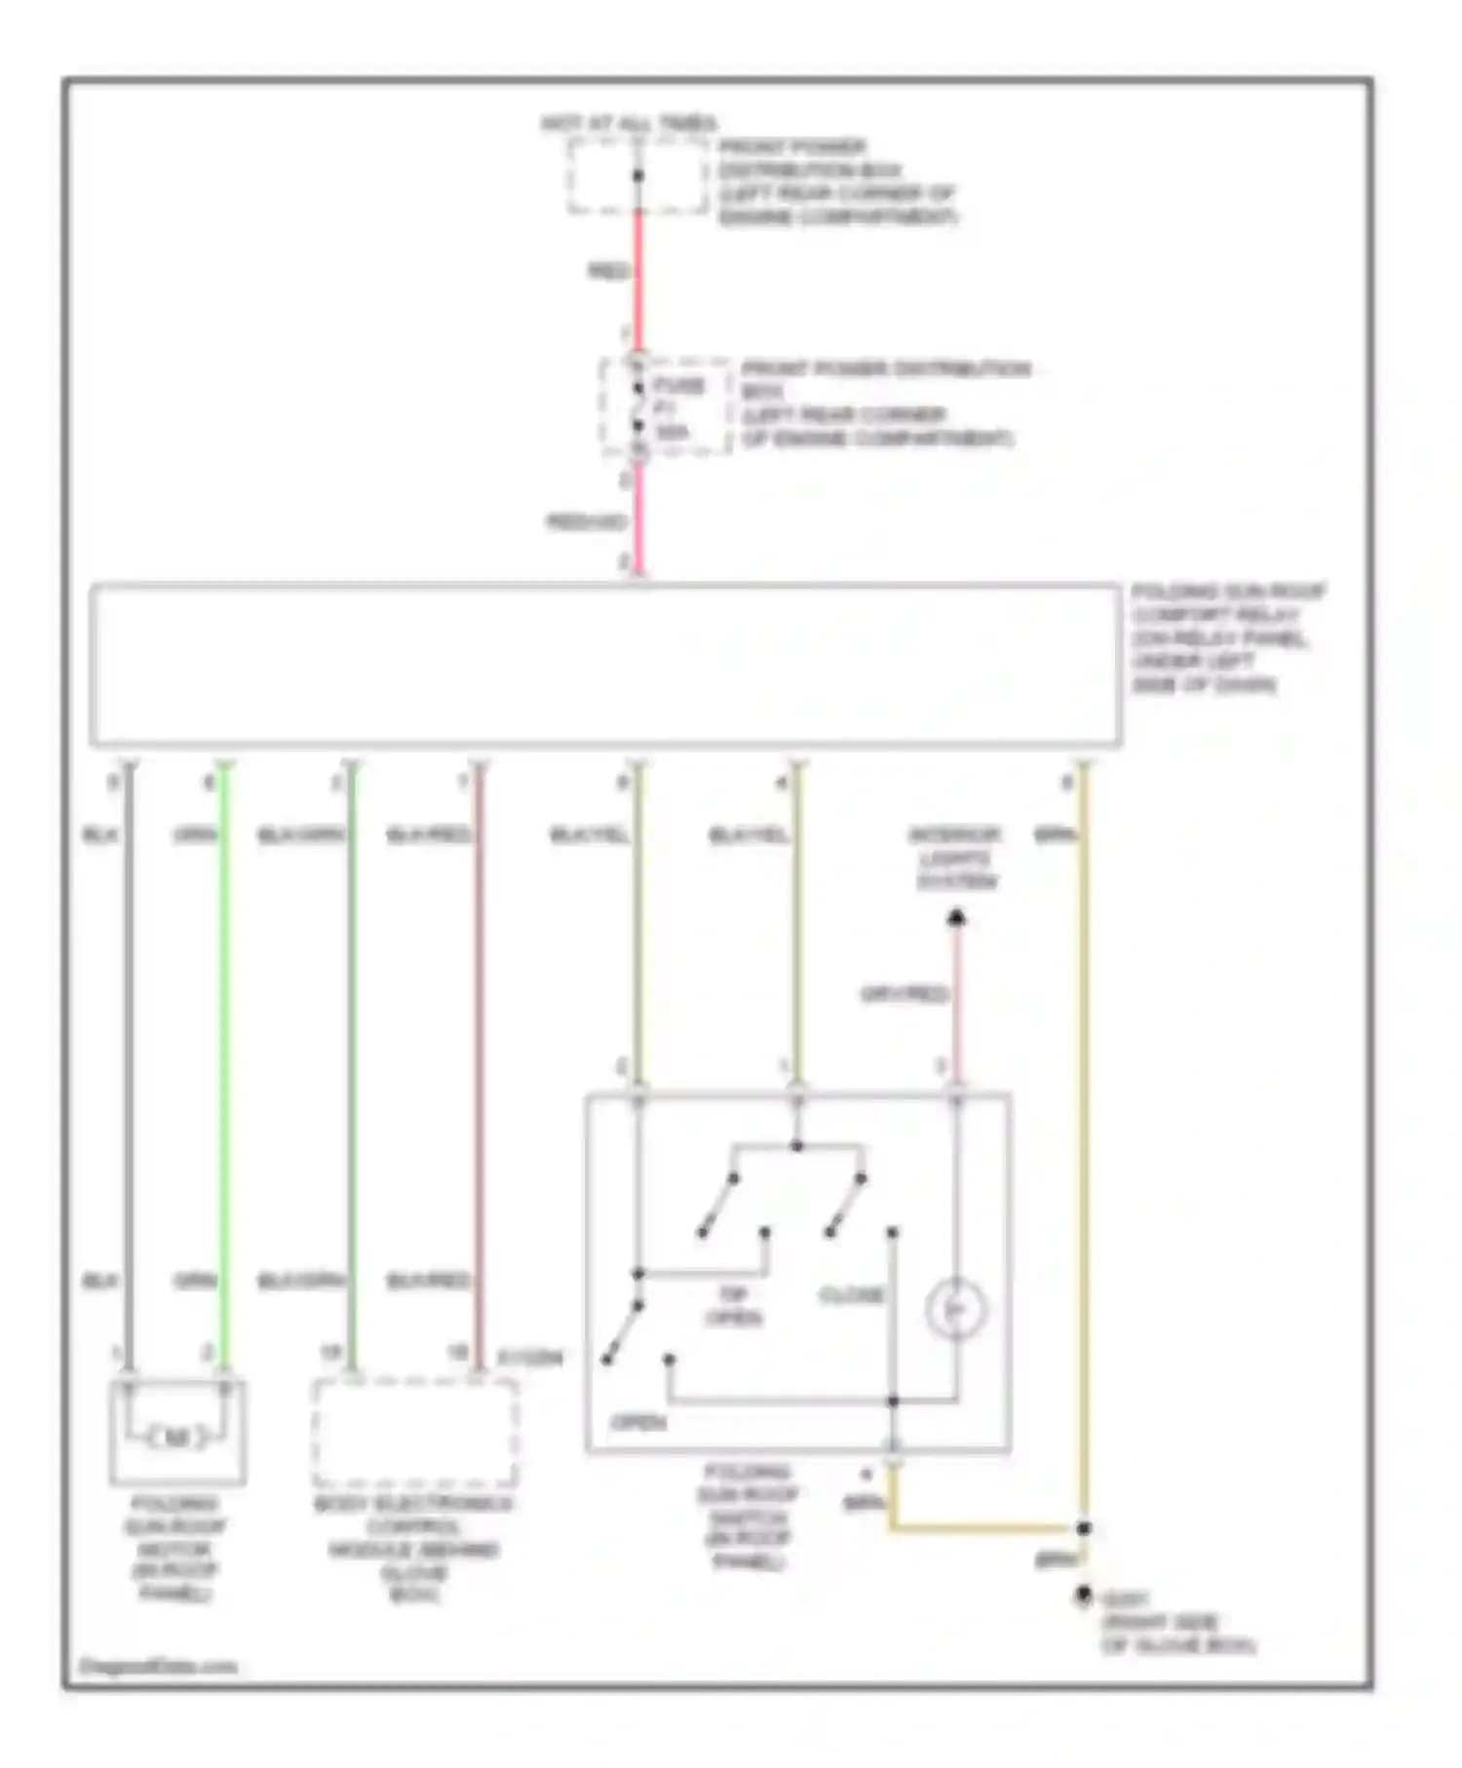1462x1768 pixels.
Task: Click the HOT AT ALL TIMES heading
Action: (629, 124)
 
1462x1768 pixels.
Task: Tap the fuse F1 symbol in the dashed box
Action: (638, 407)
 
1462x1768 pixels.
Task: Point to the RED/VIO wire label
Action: (585, 523)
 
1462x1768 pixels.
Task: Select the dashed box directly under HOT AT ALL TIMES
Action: (638, 176)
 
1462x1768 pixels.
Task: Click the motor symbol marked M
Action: (176, 1437)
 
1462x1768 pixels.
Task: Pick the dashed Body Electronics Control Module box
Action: (414, 1431)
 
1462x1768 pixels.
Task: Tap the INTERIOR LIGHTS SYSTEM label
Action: (955, 859)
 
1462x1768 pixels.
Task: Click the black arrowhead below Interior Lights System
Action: (957, 917)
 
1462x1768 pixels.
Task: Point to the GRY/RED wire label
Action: (904, 994)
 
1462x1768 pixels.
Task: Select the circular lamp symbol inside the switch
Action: (956, 1309)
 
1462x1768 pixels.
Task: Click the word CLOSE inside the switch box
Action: (852, 1295)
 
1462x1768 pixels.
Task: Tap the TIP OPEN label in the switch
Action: (734, 1306)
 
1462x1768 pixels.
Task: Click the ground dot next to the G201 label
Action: (1083, 1595)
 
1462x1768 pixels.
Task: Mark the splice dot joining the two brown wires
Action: (1084, 1528)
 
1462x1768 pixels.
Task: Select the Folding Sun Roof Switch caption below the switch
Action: (749, 1517)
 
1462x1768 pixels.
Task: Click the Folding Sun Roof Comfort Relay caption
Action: (1226, 637)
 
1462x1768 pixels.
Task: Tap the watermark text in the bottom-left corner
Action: (158, 1666)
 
